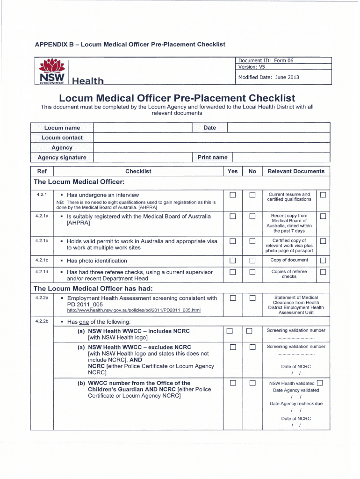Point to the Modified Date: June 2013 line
pyautogui.click(x=268, y=77)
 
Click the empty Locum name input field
pyautogui.click(x=143, y=128)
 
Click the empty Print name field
pyautogui.click(x=281, y=157)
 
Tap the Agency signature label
pyautogui.click(x=62, y=157)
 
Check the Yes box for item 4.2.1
pyautogui.click(x=233, y=195)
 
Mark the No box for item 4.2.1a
pyautogui.click(x=252, y=217)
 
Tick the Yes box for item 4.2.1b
pyautogui.click(x=233, y=241)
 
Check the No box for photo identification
pyautogui.click(x=252, y=261)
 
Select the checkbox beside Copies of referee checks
pyautogui.click(x=323, y=272)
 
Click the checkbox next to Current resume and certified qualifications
pyautogui.click(x=323, y=195)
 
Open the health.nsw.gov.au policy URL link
pyautogui.click(x=134, y=310)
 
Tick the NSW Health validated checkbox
pyautogui.click(x=320, y=383)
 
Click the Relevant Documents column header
pyautogui.click(x=295, y=171)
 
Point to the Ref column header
pyautogui.click(x=42, y=171)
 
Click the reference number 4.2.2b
pyautogui.click(x=42, y=322)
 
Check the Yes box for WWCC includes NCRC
pyautogui.click(x=230, y=332)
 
